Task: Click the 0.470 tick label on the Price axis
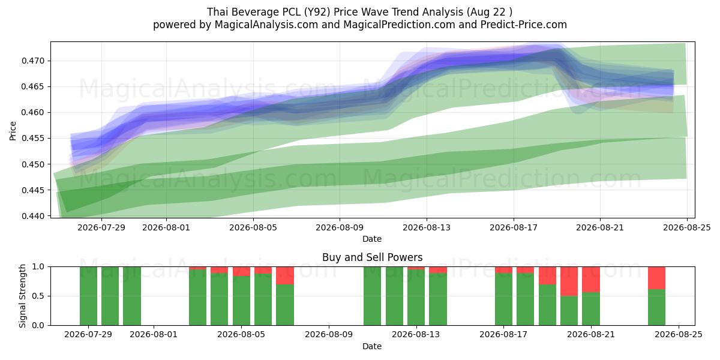click(33, 61)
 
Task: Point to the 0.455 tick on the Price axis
click(33, 138)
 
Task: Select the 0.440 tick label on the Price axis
click(33, 216)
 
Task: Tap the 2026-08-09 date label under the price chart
click(340, 227)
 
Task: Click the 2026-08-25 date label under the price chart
click(687, 227)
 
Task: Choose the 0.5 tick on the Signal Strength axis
click(38, 296)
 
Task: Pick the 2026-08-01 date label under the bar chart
click(154, 335)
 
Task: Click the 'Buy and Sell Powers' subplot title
click(372, 257)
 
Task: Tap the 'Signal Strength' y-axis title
click(22, 296)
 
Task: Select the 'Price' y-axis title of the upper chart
click(13, 131)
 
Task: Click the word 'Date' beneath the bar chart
click(372, 346)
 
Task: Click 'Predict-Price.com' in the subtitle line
click(524, 25)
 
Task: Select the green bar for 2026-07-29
click(88, 296)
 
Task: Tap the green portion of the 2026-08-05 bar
click(241, 300)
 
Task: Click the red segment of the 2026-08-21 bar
click(591, 280)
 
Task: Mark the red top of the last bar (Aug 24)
click(656, 278)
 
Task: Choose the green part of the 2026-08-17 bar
click(503, 299)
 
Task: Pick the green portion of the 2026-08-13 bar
click(416, 298)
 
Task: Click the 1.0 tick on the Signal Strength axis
click(38, 266)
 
